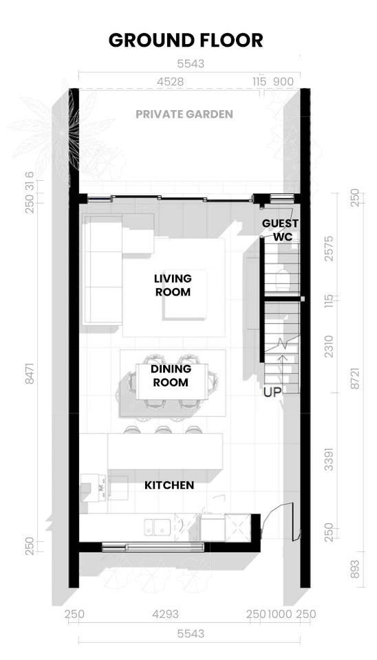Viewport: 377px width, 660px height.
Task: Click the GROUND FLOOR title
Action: tap(186, 41)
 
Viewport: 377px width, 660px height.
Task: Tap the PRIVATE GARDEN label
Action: tap(184, 114)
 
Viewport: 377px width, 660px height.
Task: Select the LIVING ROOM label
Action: tap(173, 285)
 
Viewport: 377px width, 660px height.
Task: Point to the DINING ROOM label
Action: tap(171, 375)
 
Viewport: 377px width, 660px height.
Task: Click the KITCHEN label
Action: tap(169, 485)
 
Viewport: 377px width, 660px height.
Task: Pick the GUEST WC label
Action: tap(280, 230)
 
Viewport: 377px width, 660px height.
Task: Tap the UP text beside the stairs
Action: tap(272, 393)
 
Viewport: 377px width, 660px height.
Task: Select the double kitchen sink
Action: tap(157, 527)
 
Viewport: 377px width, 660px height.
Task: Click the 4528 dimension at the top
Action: tap(170, 82)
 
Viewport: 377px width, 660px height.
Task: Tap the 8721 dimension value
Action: tap(355, 378)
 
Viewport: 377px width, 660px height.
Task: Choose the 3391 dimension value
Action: tap(329, 459)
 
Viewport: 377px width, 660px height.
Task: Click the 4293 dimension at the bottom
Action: tap(165, 615)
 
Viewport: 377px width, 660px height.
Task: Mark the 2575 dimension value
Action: tap(329, 248)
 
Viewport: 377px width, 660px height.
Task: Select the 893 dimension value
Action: tap(355, 569)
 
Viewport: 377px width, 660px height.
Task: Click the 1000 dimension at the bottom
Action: tap(279, 615)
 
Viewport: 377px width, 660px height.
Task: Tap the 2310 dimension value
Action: tap(329, 346)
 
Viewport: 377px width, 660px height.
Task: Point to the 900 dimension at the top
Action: tap(283, 82)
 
